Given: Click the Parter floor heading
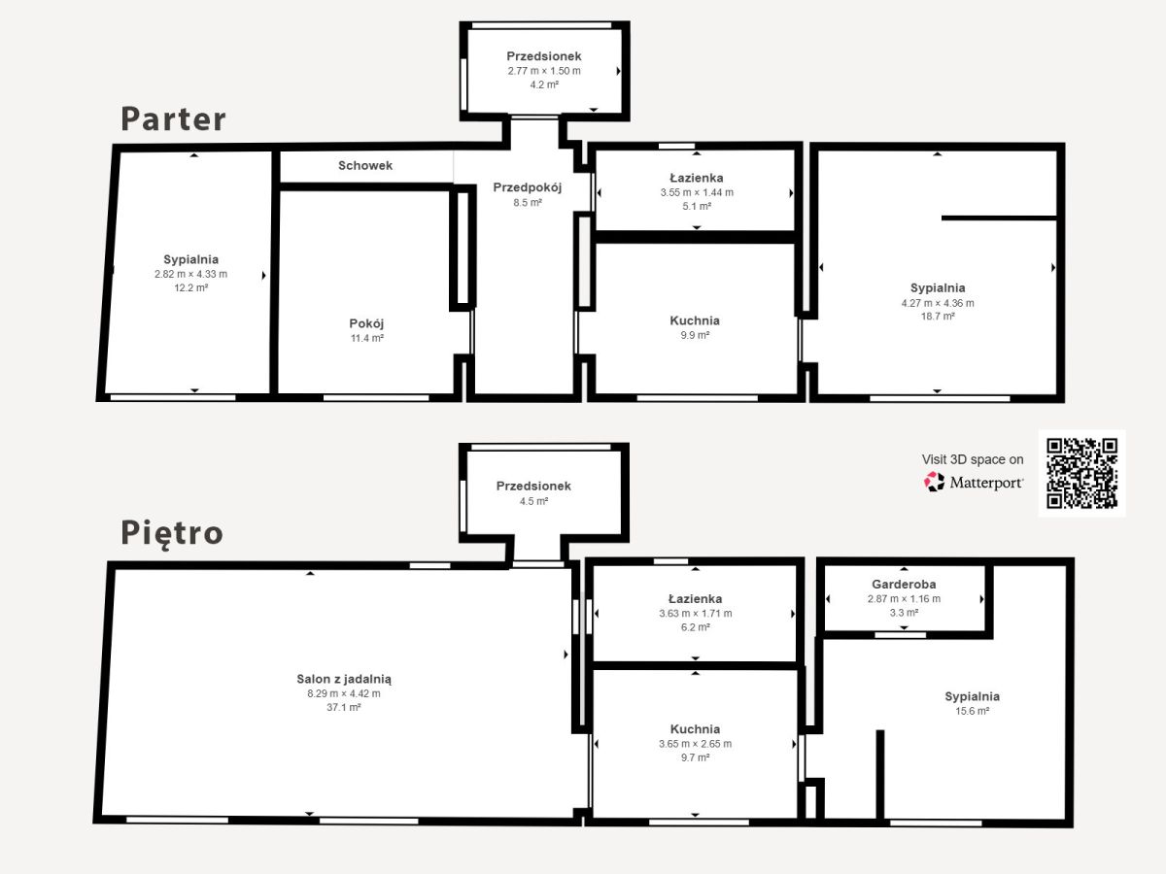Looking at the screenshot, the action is tap(173, 118).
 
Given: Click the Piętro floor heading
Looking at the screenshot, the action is tap(172, 533).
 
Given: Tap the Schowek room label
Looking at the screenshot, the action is tap(365, 165).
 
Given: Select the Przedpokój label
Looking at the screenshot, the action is tap(527, 187).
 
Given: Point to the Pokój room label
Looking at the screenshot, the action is tap(366, 323).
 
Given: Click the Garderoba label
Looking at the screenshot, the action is tap(904, 584).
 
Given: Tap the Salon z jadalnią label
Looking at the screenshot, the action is tap(344, 679).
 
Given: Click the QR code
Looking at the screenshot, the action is tap(1082, 473).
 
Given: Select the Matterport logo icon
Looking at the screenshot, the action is tap(935, 482).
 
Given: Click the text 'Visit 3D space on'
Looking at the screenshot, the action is tap(973, 459).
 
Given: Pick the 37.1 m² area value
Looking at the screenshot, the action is tap(344, 707).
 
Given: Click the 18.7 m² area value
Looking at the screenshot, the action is tap(938, 317).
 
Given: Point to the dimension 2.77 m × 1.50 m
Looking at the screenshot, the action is tap(544, 71).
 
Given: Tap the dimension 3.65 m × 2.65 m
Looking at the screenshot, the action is tap(695, 744).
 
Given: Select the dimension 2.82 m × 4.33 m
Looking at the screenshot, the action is tap(190, 275).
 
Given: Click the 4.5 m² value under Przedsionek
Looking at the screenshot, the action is tap(533, 501).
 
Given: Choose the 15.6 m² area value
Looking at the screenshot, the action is tap(972, 711).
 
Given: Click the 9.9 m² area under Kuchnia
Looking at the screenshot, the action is tap(695, 335).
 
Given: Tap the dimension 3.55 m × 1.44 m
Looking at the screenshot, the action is tap(697, 192).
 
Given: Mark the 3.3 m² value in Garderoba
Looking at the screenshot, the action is tap(904, 613).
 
